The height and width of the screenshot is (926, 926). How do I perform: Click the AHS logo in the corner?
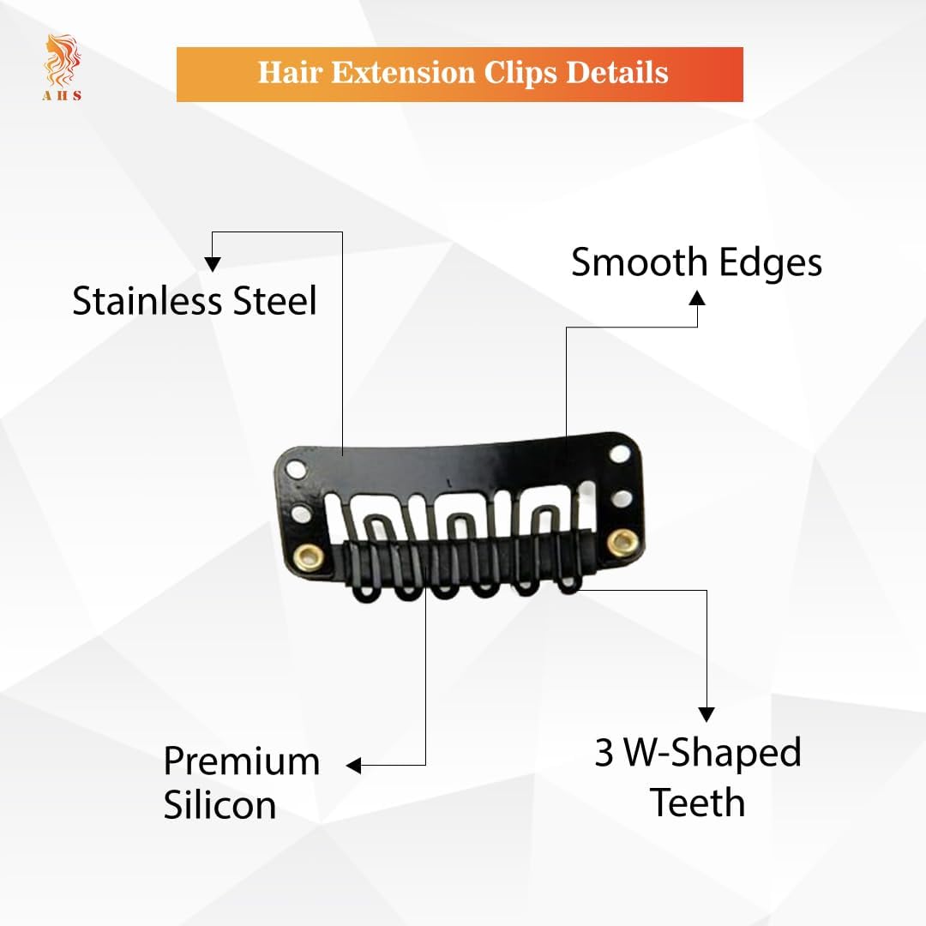click(62, 68)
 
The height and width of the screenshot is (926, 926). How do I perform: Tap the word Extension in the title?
click(403, 73)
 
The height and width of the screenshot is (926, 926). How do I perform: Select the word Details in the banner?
click(617, 73)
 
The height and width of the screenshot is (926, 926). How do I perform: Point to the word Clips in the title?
click(520, 74)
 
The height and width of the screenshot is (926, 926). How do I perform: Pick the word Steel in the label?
click(275, 301)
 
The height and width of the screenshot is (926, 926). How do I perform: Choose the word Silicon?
click(219, 804)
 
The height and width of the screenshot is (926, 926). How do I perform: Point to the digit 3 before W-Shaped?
click(604, 753)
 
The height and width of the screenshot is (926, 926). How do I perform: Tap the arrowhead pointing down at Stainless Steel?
click(213, 264)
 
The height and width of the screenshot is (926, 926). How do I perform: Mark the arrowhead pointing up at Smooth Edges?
click(697, 298)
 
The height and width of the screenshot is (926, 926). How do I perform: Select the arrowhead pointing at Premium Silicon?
click(354, 766)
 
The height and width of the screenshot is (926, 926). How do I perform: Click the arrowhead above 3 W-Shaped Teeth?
click(707, 714)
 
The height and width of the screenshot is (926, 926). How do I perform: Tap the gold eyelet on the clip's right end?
click(623, 542)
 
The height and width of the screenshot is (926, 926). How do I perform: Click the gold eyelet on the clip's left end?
click(309, 556)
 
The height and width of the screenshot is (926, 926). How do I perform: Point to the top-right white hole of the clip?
click(620, 454)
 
